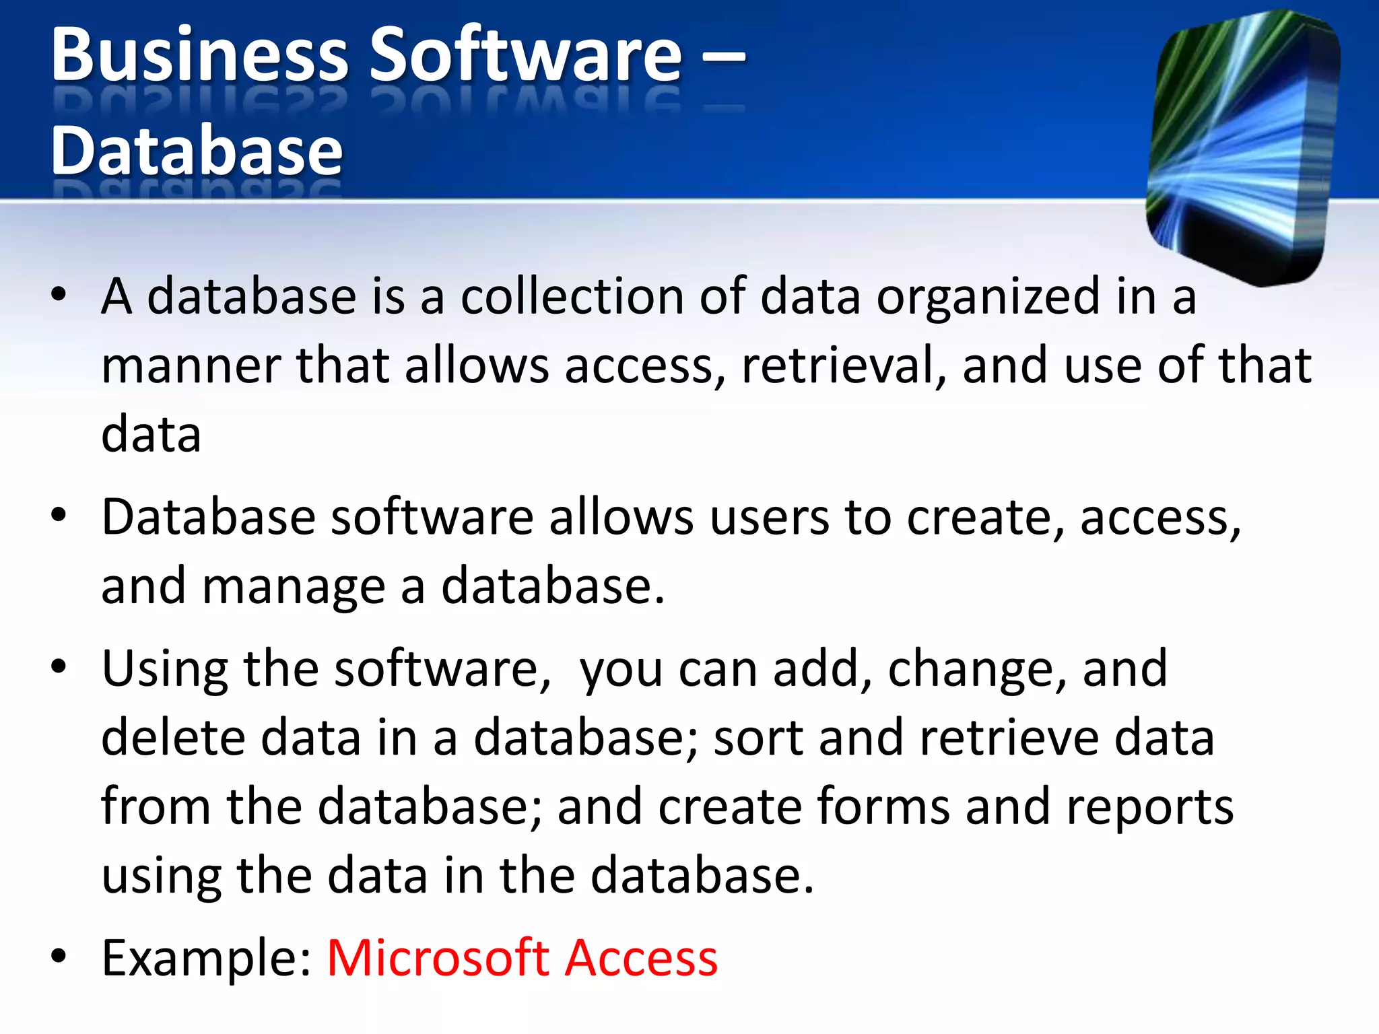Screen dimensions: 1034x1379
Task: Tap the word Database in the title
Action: [x=197, y=151]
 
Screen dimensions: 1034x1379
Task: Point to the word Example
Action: [x=206, y=959]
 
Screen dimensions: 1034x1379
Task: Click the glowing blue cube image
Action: [x=1243, y=148]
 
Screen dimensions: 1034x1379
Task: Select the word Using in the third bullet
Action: [x=165, y=670]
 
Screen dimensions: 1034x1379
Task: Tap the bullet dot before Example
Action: [x=59, y=956]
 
